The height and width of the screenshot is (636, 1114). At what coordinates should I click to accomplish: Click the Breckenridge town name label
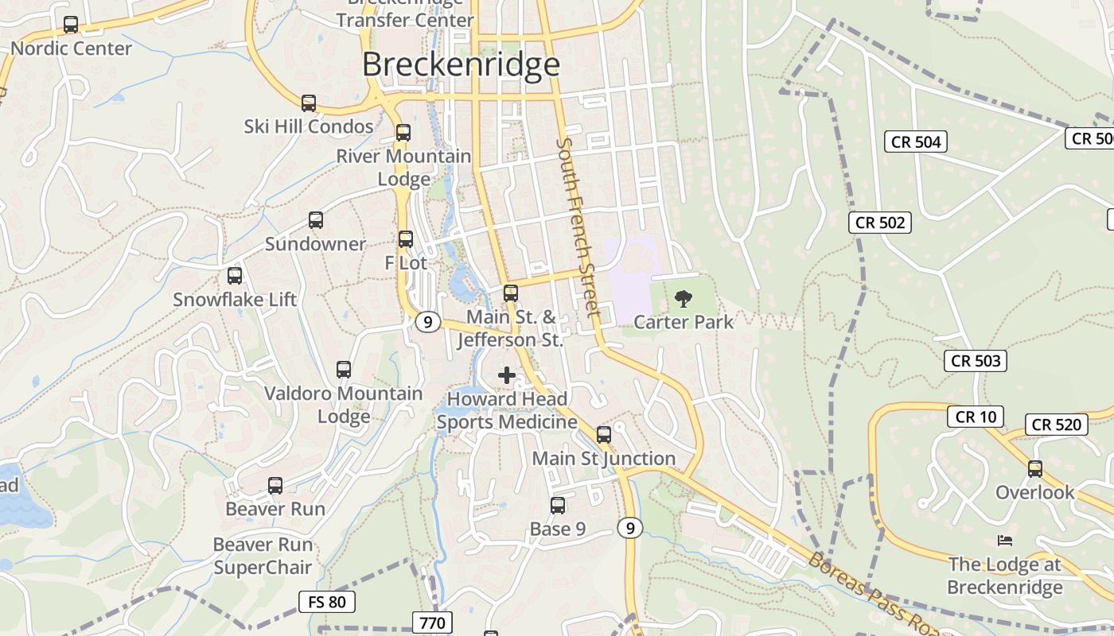[461, 64]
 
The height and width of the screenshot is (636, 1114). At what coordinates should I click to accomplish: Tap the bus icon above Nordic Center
[71, 25]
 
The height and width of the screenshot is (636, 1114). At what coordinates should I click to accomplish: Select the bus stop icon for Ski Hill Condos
[308, 103]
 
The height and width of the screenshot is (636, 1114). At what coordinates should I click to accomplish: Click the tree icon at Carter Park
[683, 299]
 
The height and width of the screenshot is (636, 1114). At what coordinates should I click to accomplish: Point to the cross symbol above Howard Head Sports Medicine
[507, 374]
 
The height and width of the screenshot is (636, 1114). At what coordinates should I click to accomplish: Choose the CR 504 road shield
[916, 142]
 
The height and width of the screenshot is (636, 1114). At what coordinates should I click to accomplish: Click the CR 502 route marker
[880, 223]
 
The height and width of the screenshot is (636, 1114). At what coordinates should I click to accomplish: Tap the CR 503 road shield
[976, 361]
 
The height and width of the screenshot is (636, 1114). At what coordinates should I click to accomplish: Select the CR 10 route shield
[976, 417]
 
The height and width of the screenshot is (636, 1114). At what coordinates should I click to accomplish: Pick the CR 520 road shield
[1057, 425]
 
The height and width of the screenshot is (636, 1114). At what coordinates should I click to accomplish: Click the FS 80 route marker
[326, 602]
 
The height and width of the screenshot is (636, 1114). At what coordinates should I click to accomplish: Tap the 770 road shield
[433, 622]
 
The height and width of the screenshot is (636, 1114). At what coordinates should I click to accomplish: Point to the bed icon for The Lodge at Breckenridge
[1005, 541]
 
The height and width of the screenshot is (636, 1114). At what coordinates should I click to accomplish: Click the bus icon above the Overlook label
[1035, 469]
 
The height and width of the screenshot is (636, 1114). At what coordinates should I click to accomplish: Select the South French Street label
[578, 227]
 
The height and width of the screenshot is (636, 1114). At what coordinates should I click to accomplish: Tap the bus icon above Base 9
[558, 506]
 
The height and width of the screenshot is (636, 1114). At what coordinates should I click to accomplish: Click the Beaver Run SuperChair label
[263, 556]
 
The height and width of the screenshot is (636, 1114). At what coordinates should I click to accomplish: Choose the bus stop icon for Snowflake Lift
[235, 276]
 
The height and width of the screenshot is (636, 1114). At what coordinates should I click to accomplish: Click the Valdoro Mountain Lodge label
[344, 405]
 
